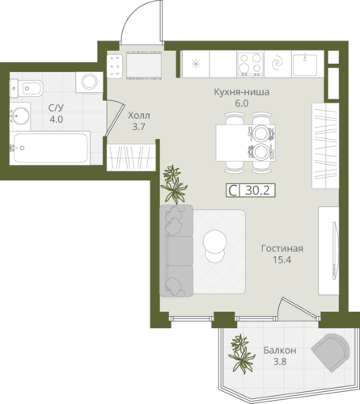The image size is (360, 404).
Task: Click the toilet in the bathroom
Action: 26,88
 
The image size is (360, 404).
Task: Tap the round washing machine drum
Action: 90,82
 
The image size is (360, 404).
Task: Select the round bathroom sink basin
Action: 19,116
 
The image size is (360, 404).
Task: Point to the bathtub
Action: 50,148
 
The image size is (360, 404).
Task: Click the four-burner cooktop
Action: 251,65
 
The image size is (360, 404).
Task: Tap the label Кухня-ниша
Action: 242,92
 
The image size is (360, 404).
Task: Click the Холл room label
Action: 139,116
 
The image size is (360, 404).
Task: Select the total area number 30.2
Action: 257,191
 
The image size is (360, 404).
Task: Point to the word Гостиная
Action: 282,248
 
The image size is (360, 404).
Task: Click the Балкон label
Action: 280,351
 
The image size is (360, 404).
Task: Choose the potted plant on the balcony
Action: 241,353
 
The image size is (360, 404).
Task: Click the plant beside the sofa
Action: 174,184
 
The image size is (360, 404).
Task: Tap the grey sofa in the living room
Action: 176,250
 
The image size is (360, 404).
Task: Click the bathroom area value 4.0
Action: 57,119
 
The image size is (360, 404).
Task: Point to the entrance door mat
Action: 144,65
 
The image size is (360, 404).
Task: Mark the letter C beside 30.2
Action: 233,191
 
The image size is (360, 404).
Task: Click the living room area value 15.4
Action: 282,260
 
